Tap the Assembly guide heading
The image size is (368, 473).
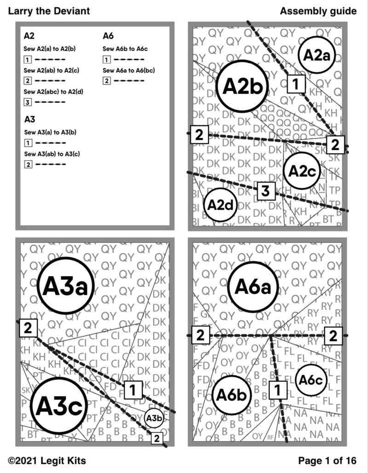pyautogui.click(x=318, y=11)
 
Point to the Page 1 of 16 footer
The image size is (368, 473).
pyautogui.click(x=327, y=461)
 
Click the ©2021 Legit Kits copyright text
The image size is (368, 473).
pyautogui.click(x=46, y=461)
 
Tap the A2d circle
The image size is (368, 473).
pyautogui.click(x=220, y=205)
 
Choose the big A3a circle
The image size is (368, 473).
pyautogui.click(x=66, y=285)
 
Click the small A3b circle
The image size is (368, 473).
pyautogui.click(x=154, y=418)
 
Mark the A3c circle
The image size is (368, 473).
pyautogui.click(x=58, y=406)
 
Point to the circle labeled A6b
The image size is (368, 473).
pyautogui.click(x=232, y=395)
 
